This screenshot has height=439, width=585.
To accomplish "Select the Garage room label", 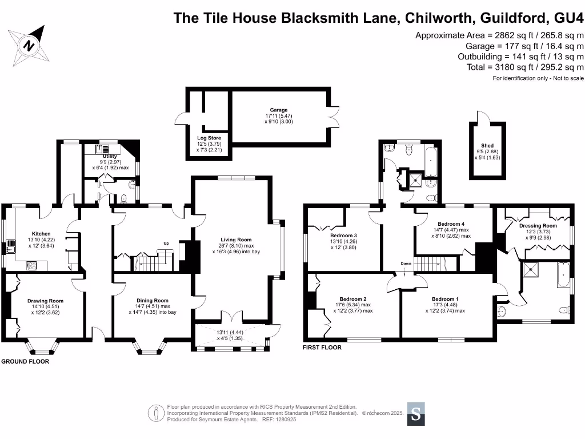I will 279,110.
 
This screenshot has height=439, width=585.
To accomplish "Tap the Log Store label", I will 210,138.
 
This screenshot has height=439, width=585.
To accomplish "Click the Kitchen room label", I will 41,234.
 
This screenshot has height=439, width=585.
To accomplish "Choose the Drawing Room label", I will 45,301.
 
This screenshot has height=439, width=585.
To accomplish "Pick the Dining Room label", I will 153,301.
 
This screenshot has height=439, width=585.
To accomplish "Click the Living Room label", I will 236,240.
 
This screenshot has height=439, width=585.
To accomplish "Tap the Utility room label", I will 110,156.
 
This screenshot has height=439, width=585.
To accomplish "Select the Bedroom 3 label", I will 343,235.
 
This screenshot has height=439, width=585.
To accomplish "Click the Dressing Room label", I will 537,226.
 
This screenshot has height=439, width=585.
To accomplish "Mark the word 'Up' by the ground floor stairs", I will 166,243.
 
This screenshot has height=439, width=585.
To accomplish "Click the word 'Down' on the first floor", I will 406,264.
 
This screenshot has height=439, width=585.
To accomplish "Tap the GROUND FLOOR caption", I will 25,361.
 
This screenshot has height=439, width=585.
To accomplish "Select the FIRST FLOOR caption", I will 322,347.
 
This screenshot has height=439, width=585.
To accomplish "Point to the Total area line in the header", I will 525,67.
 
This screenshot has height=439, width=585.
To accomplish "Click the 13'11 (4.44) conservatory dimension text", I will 231,332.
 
